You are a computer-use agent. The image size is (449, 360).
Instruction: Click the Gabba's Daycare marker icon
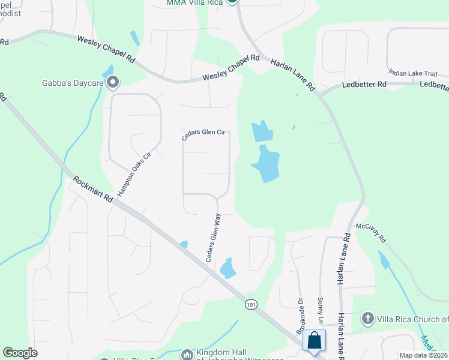(113, 83)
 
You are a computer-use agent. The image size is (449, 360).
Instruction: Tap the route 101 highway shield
(251, 305)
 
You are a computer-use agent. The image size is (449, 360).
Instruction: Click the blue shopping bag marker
(315, 341)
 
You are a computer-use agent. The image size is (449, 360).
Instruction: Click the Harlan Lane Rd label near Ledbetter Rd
(292, 74)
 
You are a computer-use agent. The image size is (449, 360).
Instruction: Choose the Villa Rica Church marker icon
(368, 319)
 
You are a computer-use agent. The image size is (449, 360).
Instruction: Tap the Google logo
(20, 352)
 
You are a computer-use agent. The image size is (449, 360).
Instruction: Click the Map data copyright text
(424, 355)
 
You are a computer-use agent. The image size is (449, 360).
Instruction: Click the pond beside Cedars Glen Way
(228, 268)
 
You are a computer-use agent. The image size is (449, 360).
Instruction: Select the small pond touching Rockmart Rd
(184, 244)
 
